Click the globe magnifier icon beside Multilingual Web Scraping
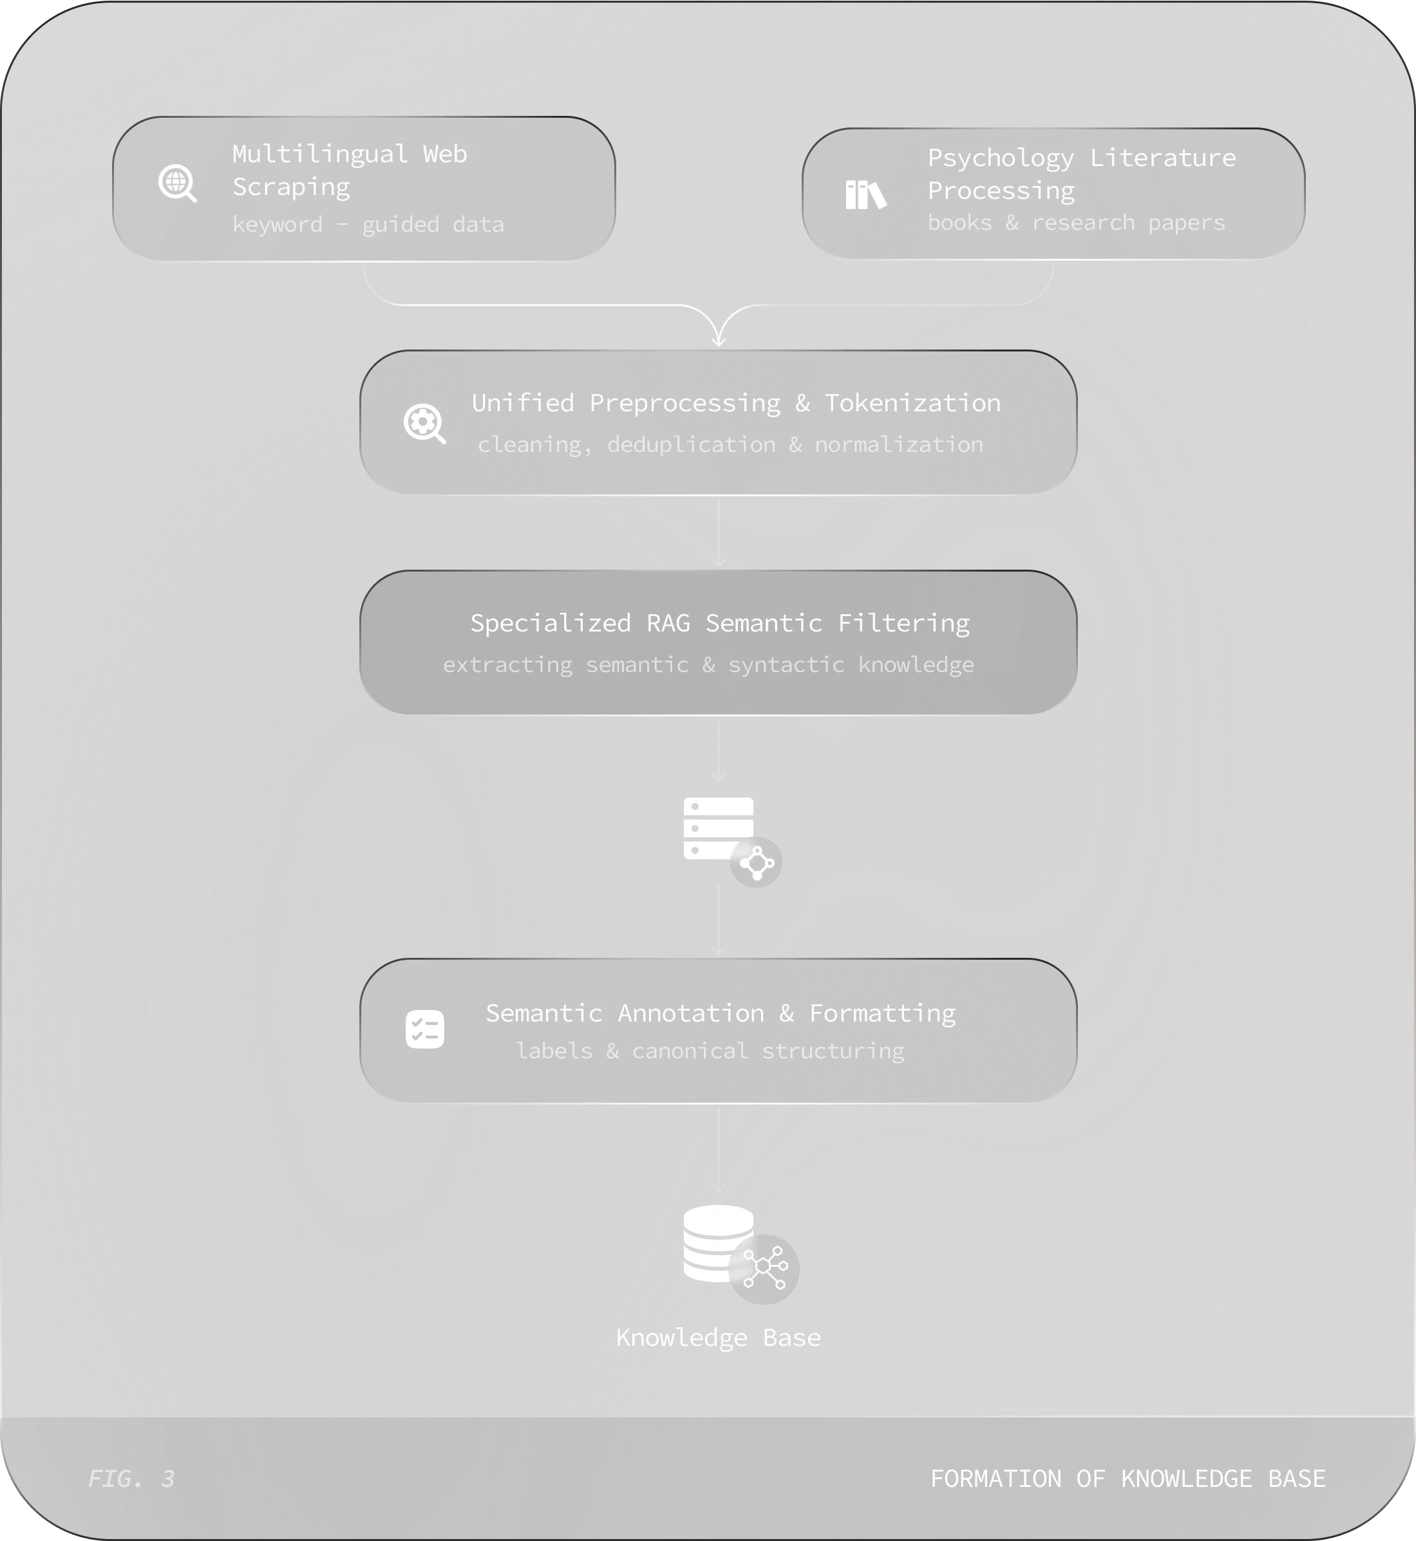click(177, 184)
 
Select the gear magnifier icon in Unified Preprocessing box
click(424, 424)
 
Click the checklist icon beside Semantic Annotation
click(424, 1029)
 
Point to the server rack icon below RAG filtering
click(719, 828)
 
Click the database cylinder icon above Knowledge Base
click(719, 1243)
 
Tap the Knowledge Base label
click(718, 1337)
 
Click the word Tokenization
click(912, 403)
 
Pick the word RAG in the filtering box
click(668, 622)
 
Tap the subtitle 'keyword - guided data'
click(368, 225)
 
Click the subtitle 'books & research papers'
click(1076, 223)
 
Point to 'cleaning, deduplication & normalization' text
click(730, 444)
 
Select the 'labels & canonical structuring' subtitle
click(710, 1051)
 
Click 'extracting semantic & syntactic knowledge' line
click(708, 664)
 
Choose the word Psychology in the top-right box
click(1000, 158)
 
